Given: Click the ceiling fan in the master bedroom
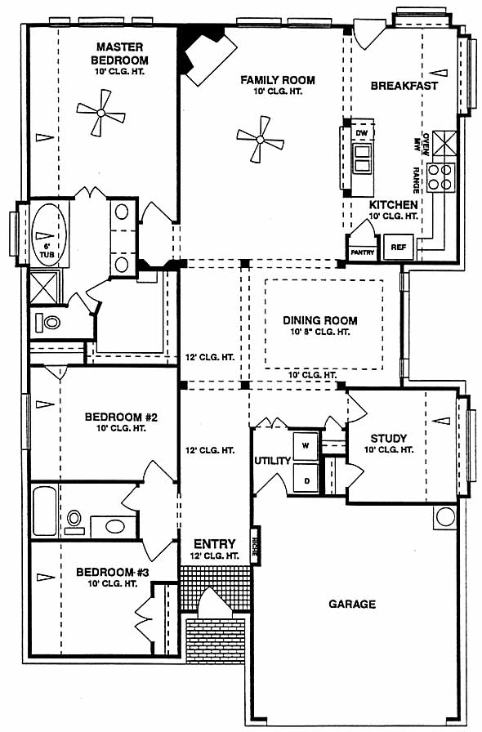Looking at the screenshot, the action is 100,113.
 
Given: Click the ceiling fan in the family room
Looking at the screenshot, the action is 260,139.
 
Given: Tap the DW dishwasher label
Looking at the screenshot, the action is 362,133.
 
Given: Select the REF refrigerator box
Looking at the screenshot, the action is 399,247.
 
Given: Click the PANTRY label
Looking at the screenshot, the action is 363,252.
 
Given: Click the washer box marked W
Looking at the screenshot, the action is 306,446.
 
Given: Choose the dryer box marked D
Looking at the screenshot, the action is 306,480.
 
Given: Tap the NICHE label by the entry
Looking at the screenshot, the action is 255,547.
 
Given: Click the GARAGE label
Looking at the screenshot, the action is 352,604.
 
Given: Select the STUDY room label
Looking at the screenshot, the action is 388,439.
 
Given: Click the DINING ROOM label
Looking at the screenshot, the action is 320,321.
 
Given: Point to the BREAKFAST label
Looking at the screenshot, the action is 404,86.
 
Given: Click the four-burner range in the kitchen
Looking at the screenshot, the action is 441,177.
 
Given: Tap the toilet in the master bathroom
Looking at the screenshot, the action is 48,322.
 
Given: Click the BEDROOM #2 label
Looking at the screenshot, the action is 121,417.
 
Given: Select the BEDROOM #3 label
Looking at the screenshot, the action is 113,572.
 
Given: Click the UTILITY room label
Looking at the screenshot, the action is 272,461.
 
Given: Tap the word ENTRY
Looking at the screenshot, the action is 214,544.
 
